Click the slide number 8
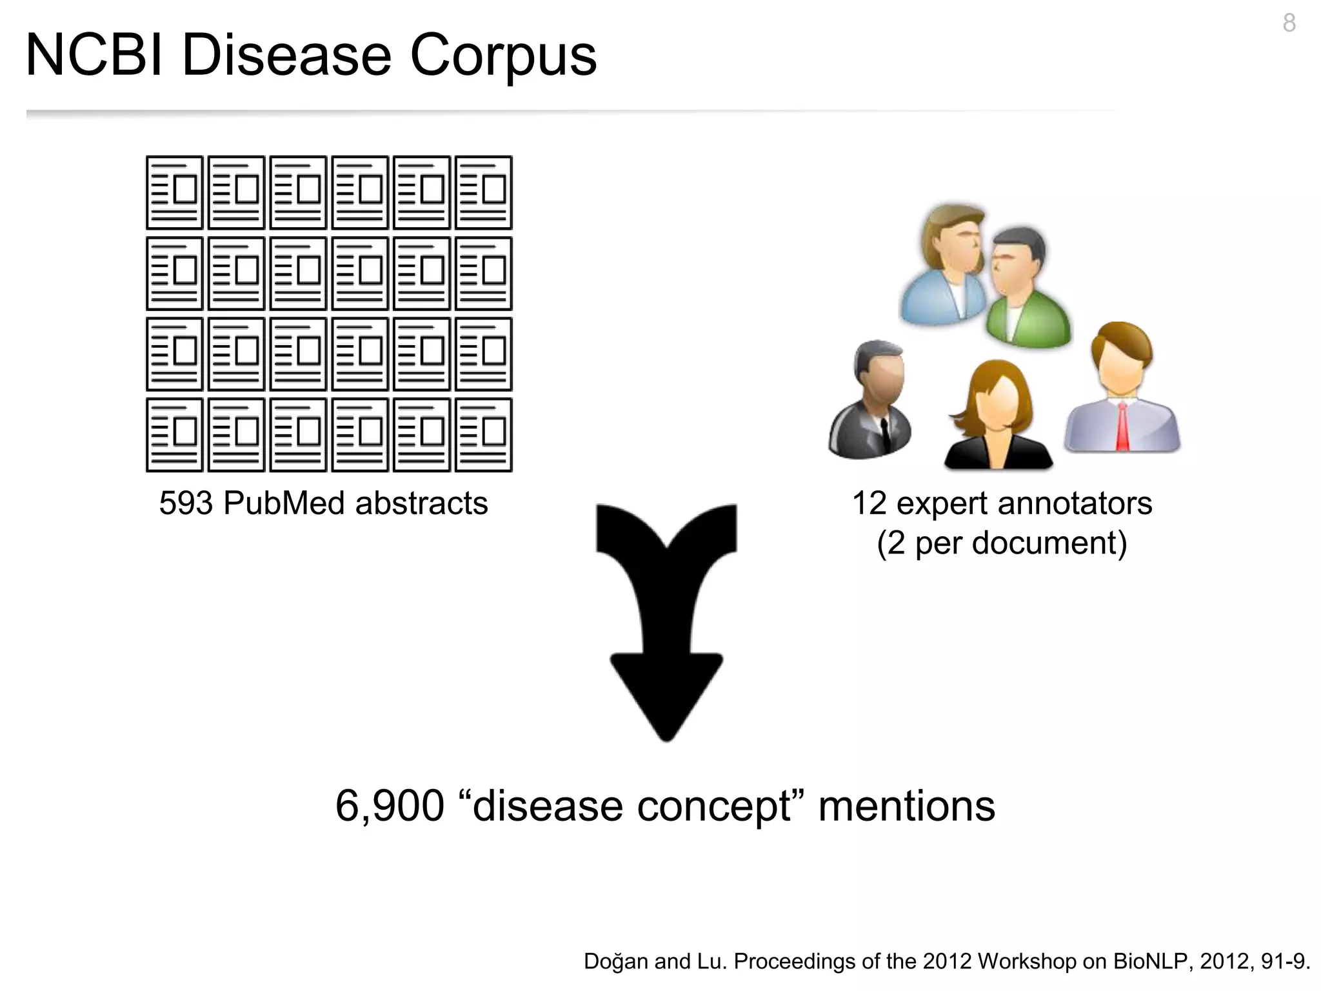1289,24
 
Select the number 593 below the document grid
186,503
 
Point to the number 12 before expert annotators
869,503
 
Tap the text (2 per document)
1002,543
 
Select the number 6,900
390,806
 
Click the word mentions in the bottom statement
906,806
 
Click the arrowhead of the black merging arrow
666,697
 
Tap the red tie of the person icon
1123,426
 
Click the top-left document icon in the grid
174,192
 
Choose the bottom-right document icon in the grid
484,435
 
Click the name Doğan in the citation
616,961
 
